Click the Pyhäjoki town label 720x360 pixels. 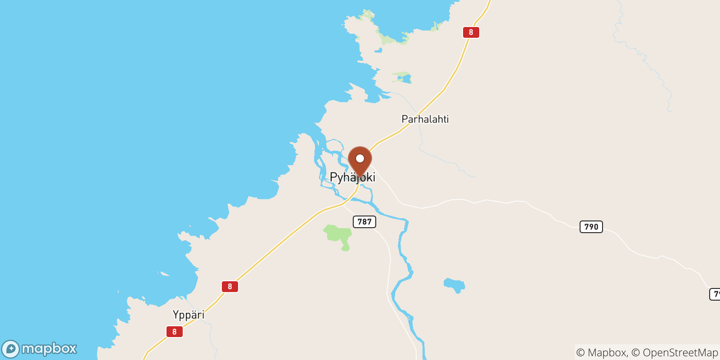pyautogui.click(x=352, y=177)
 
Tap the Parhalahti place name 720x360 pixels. pyautogui.click(x=425, y=119)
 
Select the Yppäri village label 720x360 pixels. pyautogui.click(x=189, y=315)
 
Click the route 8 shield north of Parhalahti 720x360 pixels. pyautogui.click(x=471, y=32)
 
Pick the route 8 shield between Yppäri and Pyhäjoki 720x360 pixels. pyautogui.click(x=229, y=287)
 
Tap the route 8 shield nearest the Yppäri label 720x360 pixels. pyautogui.click(x=174, y=332)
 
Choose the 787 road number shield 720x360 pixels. pyautogui.click(x=364, y=222)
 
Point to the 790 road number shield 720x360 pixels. pyautogui.click(x=591, y=227)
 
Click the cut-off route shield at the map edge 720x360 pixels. pyautogui.click(x=715, y=294)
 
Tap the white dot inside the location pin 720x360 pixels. pyautogui.click(x=360, y=158)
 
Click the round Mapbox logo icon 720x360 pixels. pyautogui.click(x=11, y=349)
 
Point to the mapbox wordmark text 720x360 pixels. pyautogui.click(x=49, y=349)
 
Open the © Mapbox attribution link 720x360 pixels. pyautogui.click(x=602, y=353)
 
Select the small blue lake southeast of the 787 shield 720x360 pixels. pyautogui.click(x=454, y=285)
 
